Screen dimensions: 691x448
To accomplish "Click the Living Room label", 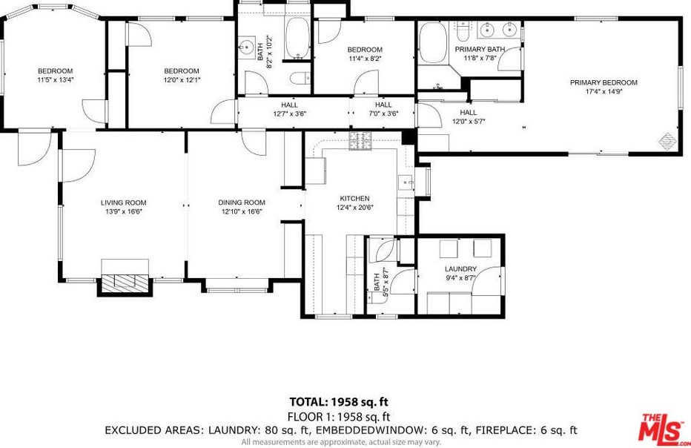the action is pyautogui.click(x=123, y=202).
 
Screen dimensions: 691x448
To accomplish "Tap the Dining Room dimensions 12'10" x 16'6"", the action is pyautogui.click(x=242, y=211).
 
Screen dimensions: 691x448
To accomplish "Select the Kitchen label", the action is pyautogui.click(x=354, y=199).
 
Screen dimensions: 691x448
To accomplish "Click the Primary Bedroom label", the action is pyautogui.click(x=604, y=82).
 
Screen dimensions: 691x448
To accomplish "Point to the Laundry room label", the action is pyautogui.click(x=460, y=269).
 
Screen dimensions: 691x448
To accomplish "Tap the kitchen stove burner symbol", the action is pyautogui.click(x=360, y=141).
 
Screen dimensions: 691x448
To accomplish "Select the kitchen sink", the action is pyautogui.click(x=406, y=182).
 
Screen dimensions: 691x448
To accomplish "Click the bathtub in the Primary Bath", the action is pyautogui.click(x=433, y=43).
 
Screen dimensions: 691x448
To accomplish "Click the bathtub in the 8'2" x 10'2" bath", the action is pyautogui.click(x=297, y=38).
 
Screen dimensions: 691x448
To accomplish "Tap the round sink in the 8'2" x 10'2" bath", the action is pyautogui.click(x=245, y=46).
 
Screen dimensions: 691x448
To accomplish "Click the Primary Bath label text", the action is pyautogui.click(x=480, y=50).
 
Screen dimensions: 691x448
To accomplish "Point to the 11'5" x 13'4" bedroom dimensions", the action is pyautogui.click(x=56, y=80).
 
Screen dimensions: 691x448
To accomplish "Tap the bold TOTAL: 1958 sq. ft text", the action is pyautogui.click(x=339, y=402).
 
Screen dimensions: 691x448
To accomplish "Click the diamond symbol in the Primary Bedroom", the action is pyautogui.click(x=667, y=140).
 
